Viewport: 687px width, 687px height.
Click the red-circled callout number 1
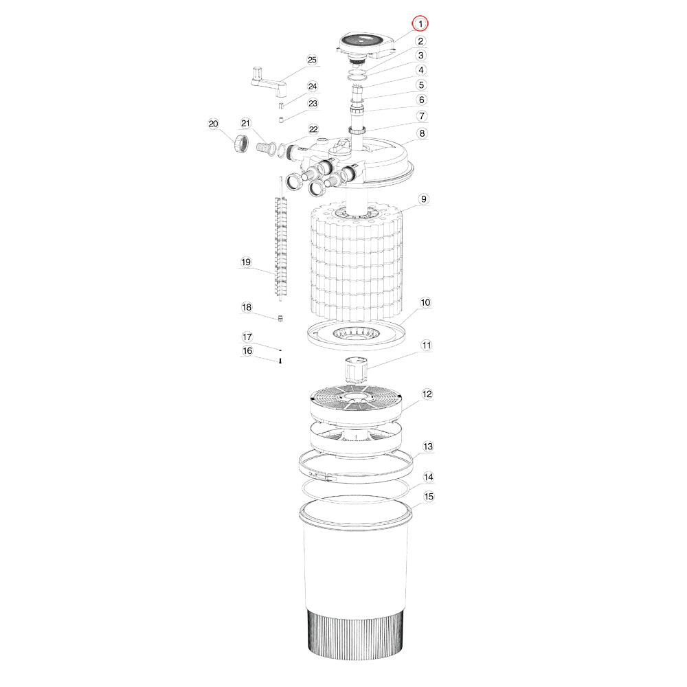[420, 23]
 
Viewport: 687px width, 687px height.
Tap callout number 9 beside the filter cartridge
[423, 199]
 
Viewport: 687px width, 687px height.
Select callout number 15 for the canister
[429, 497]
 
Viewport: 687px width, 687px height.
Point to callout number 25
[312, 60]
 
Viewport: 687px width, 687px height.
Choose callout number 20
[214, 124]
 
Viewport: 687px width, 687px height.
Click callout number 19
[246, 262]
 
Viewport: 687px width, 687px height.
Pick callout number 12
[427, 394]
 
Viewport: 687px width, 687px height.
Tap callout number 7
[422, 115]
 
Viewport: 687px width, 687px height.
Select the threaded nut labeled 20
[240, 144]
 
